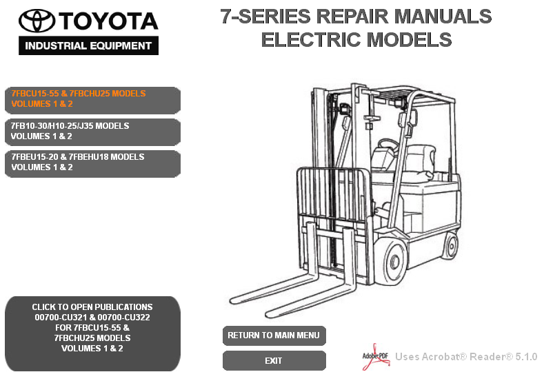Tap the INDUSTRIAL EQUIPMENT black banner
88,47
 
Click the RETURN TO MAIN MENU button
274,335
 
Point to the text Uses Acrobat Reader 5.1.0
466,357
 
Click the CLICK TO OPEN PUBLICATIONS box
92,328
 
